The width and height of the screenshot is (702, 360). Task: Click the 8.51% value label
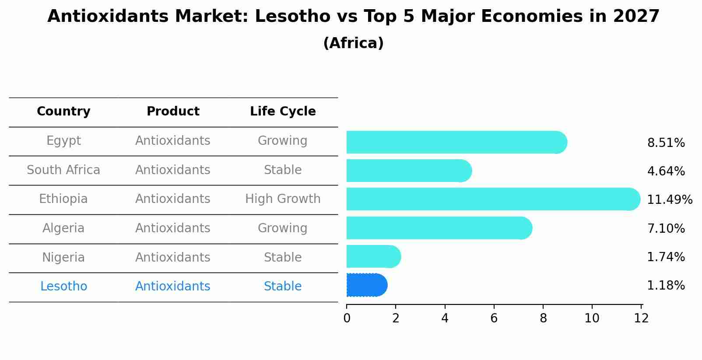pos(666,143)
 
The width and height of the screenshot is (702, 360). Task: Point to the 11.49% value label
pos(669,200)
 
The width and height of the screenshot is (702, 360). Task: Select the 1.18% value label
pos(666,286)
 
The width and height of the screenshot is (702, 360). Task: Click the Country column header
pos(63,112)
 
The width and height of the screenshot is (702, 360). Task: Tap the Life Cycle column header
pos(283,112)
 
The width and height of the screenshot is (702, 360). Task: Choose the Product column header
pos(173,112)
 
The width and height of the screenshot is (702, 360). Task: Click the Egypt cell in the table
pos(63,141)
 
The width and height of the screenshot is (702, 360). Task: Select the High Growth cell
pos(283,199)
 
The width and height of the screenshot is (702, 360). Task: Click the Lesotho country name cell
pos(63,287)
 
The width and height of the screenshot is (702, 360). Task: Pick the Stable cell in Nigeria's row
pos(283,257)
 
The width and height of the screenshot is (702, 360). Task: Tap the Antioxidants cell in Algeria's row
pos(173,228)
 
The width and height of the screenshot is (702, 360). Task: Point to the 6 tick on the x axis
pos(494,318)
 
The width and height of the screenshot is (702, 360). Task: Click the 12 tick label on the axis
pos(641,318)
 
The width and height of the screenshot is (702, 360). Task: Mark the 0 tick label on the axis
pos(347,318)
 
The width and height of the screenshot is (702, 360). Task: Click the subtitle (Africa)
pos(353,43)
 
